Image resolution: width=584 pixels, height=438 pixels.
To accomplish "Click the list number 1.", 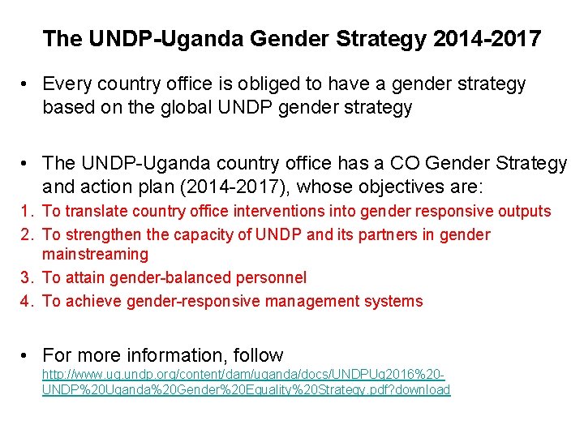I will (28, 212).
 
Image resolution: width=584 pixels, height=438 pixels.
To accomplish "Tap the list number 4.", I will (28, 302).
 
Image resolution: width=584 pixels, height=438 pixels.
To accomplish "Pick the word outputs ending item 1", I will (523, 212).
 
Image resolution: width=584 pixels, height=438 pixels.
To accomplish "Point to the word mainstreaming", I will (95, 255).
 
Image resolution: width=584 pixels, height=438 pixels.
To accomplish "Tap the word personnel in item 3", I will (272, 277).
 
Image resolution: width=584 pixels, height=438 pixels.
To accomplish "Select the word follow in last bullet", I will (258, 355).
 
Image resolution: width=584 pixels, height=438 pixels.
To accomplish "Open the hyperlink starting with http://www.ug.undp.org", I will (243, 383).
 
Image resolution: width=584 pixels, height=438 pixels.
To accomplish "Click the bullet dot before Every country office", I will (27, 84).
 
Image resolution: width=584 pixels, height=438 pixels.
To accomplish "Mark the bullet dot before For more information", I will (27, 355).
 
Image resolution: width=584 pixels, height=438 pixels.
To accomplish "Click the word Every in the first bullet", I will (67, 84).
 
